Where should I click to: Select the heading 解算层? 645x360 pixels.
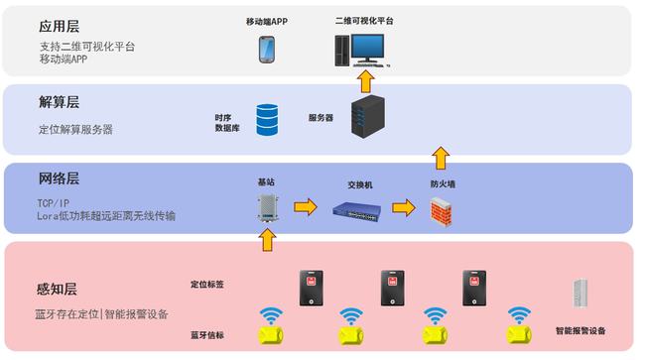pyautogui.click(x=60, y=102)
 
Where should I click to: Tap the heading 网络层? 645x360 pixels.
pyautogui.click(x=60, y=180)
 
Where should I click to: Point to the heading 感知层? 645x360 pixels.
pyautogui.click(x=57, y=290)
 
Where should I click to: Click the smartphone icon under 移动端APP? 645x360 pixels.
pyautogui.click(x=267, y=49)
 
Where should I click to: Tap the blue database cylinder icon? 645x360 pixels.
pyautogui.click(x=267, y=120)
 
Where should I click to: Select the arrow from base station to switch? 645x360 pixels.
pyautogui.click(x=306, y=207)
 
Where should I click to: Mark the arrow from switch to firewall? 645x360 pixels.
pyautogui.click(x=403, y=208)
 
